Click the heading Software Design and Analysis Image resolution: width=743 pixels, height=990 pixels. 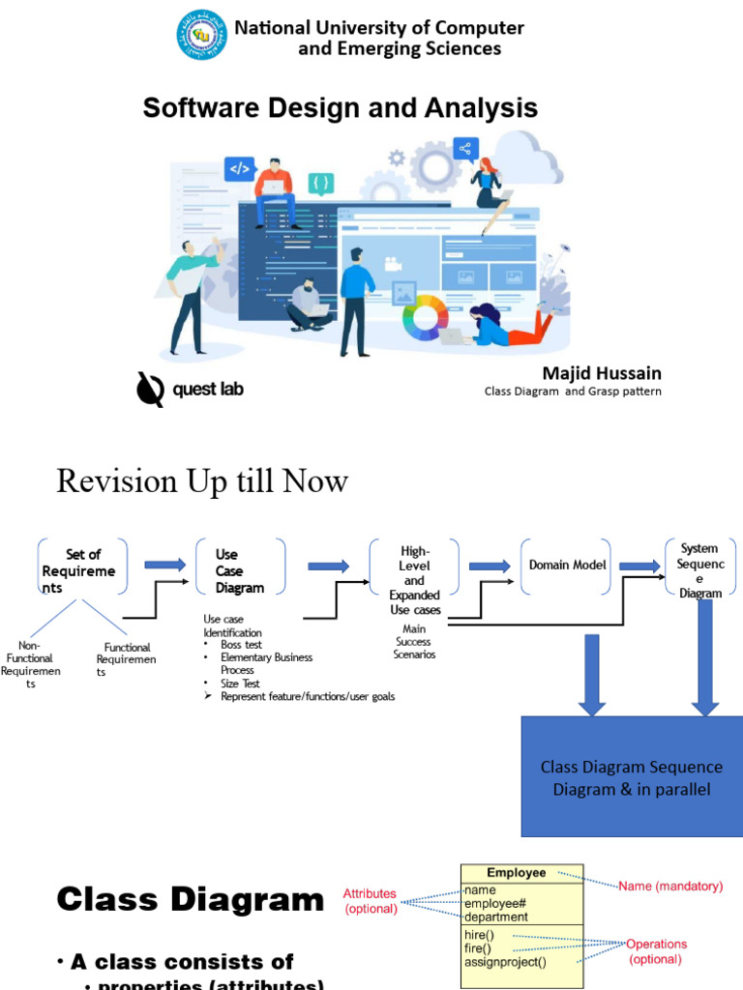[x=340, y=107]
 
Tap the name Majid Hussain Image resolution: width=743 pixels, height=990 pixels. [x=602, y=373]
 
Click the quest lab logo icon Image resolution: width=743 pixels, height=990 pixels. [x=150, y=389]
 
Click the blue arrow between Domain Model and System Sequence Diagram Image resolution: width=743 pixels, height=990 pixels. [x=639, y=566]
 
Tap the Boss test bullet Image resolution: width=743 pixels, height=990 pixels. [x=241, y=645]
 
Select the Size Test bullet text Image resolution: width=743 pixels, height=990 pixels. [x=240, y=684]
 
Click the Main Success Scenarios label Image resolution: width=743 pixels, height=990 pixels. [x=413, y=642]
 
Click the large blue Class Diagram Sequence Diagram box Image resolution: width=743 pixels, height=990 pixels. [x=632, y=777]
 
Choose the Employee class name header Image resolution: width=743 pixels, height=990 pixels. [x=516, y=873]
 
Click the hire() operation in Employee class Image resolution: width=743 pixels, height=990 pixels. [x=479, y=935]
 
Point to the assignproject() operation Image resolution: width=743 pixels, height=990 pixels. [x=505, y=962]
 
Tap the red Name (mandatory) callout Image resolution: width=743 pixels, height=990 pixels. [x=670, y=886]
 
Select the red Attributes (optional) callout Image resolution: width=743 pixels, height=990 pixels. [x=371, y=901]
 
